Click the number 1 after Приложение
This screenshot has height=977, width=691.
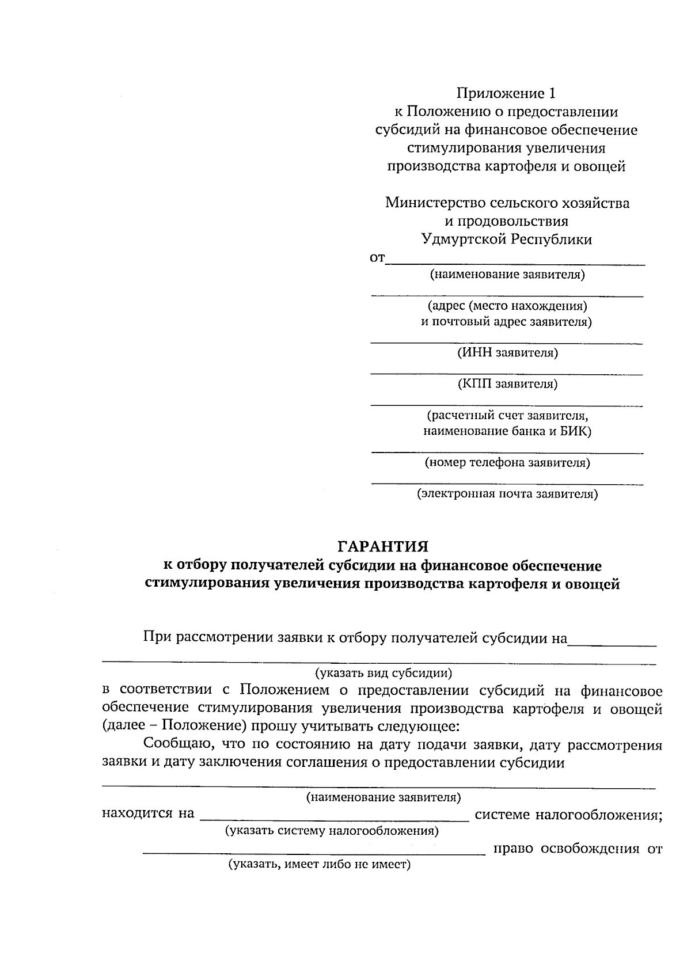click(554, 93)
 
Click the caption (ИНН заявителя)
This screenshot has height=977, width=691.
click(507, 353)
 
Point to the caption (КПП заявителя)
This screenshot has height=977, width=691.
click(507, 384)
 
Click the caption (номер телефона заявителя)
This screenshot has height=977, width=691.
click(507, 462)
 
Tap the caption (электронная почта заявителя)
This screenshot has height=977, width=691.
click(507, 494)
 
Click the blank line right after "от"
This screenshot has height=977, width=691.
click(515, 263)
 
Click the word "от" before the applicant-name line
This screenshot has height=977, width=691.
click(377, 259)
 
